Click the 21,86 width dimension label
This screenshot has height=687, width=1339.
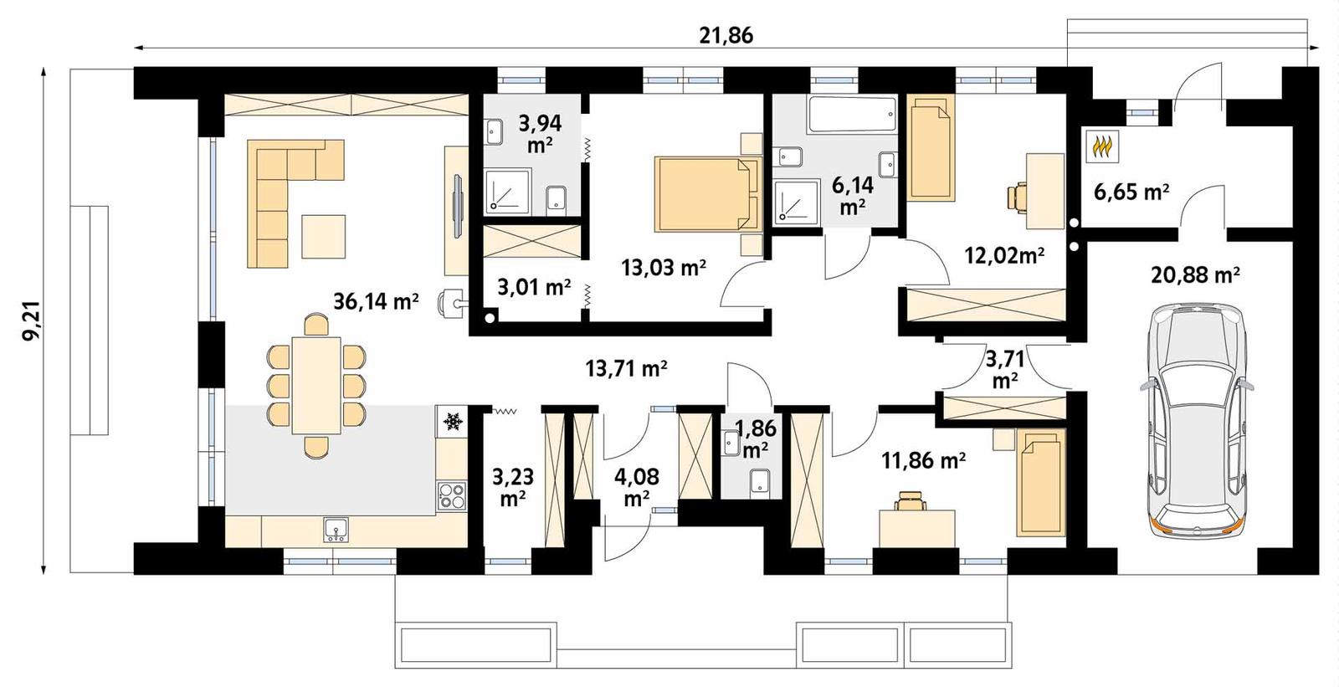click(726, 35)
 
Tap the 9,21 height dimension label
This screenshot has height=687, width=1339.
click(32, 321)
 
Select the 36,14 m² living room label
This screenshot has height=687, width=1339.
click(376, 300)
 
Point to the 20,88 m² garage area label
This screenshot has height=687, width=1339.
click(1194, 274)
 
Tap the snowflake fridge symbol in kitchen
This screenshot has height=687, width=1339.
click(453, 421)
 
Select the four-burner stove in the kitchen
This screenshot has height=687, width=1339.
click(453, 496)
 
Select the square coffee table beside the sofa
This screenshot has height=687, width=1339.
click(323, 237)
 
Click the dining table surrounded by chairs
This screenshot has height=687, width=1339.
click(316, 385)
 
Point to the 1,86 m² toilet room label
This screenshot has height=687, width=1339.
click(755, 438)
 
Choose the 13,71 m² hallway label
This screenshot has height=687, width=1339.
click(626, 367)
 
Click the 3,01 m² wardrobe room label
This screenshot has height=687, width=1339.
click(534, 288)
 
